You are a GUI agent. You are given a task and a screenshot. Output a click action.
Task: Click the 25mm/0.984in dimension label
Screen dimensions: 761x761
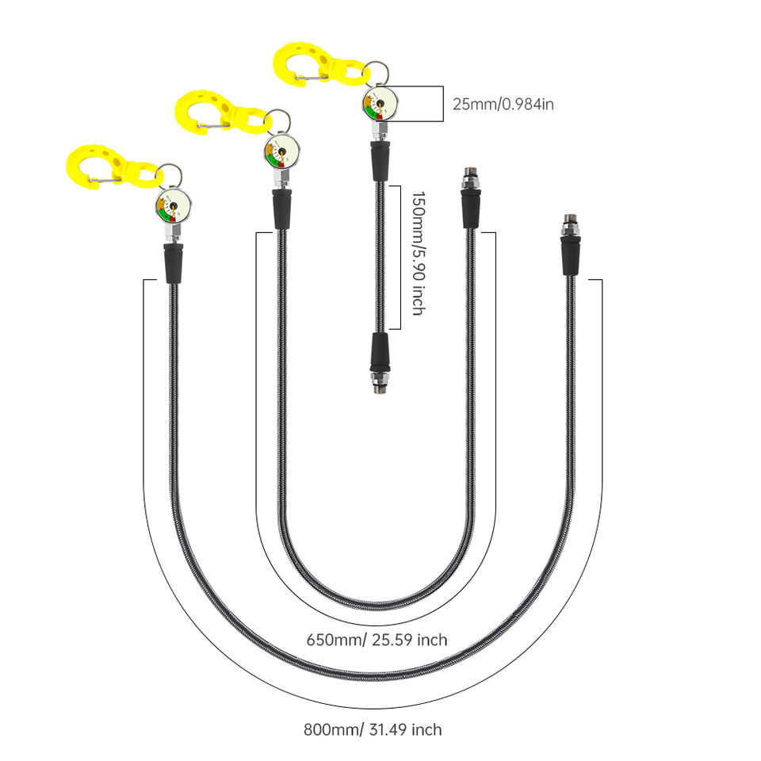click(x=503, y=105)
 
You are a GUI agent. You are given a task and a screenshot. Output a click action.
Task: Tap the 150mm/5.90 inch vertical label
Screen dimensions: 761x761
click(x=419, y=254)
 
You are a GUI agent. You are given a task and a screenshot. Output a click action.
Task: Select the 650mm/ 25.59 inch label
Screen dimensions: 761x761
click(x=377, y=640)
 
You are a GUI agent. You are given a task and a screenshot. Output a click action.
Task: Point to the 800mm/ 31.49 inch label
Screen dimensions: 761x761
click(x=373, y=729)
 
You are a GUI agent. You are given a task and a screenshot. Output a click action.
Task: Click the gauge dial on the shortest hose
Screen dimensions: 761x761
click(x=380, y=103)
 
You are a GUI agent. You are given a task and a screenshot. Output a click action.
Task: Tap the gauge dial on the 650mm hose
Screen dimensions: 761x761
click(x=282, y=151)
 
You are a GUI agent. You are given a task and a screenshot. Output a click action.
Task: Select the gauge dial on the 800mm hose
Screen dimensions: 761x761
click(x=174, y=206)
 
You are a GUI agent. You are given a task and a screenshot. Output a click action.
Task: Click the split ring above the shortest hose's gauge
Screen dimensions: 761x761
click(x=376, y=73)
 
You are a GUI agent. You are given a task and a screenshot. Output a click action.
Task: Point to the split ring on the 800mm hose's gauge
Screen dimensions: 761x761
click(x=170, y=176)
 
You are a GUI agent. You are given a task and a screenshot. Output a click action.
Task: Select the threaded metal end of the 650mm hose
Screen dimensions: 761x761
click(x=470, y=178)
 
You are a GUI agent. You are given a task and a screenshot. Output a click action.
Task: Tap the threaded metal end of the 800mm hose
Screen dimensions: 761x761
click(x=570, y=224)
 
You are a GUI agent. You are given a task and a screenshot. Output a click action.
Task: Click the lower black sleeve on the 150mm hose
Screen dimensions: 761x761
click(x=380, y=352)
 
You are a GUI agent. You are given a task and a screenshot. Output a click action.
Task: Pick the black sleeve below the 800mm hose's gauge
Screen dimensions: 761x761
click(x=174, y=263)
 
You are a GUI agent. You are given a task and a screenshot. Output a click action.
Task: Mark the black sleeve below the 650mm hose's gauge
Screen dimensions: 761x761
click(x=282, y=209)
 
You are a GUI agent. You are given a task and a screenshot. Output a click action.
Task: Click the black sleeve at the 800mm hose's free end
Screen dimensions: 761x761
click(x=570, y=256)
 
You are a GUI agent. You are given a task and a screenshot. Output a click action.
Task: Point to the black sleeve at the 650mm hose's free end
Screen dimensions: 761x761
click(x=470, y=208)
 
